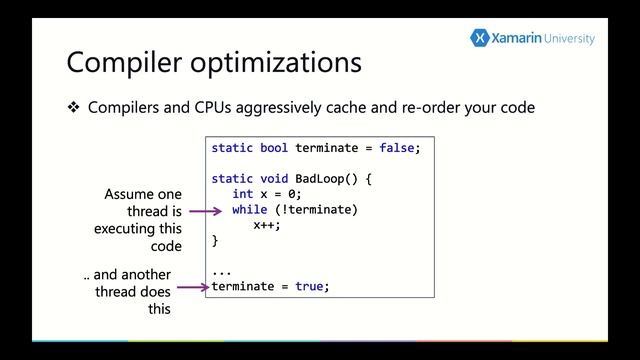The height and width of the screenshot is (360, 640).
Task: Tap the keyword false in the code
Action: [x=397, y=148]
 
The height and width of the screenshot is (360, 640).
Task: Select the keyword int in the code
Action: [x=242, y=194]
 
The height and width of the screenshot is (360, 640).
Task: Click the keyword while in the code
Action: [x=249, y=210]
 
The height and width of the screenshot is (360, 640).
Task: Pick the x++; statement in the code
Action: [x=267, y=225]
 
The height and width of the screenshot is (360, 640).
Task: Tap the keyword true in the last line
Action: [x=309, y=286]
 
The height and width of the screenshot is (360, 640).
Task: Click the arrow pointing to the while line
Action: [x=205, y=211]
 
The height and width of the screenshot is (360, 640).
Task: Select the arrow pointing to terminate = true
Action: [x=192, y=288]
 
